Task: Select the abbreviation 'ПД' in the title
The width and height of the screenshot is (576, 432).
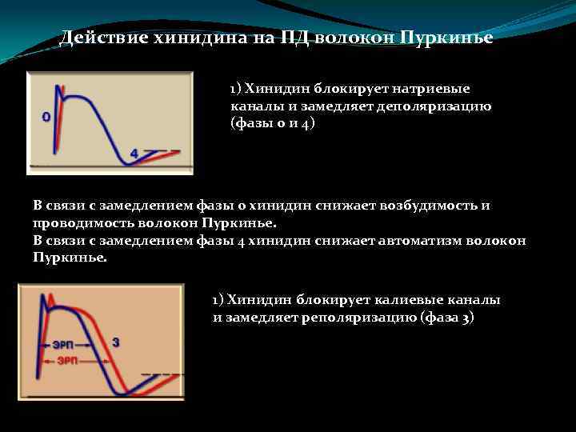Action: click(x=294, y=38)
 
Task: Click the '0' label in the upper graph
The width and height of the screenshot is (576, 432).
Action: click(x=46, y=116)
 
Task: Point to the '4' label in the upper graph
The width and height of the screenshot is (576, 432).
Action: click(x=134, y=152)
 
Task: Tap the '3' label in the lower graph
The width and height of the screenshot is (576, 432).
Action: click(x=115, y=342)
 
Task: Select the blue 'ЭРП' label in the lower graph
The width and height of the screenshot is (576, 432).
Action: click(x=63, y=346)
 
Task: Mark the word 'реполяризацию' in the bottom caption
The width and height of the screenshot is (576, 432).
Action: click(x=368, y=317)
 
